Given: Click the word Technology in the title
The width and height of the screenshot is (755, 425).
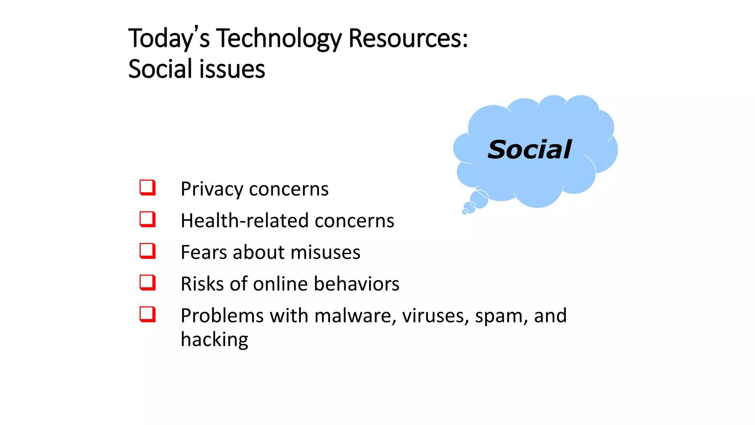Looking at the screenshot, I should (x=279, y=38).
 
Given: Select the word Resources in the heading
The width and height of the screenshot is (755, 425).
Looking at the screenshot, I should (x=408, y=38).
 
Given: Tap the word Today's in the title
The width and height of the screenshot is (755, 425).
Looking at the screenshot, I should (x=169, y=38).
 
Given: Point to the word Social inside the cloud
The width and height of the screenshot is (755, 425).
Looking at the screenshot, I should (x=529, y=150).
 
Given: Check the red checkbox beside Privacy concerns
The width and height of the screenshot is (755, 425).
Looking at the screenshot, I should (x=147, y=187).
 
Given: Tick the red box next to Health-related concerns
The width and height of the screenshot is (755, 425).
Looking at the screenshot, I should (x=147, y=219).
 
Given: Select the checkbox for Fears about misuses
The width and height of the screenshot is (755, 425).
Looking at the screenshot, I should (x=147, y=251).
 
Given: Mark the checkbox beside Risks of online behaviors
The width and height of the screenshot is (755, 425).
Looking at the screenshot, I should (x=147, y=283).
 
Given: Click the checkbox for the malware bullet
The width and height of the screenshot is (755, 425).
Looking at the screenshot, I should (x=147, y=314).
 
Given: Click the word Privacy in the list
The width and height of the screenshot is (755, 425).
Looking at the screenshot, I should (x=212, y=189).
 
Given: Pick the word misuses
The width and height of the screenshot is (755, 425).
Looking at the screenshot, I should (x=325, y=252).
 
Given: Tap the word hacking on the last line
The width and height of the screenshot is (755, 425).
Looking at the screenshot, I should (x=215, y=339).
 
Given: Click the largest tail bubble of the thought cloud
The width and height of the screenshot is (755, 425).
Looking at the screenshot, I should (x=479, y=199).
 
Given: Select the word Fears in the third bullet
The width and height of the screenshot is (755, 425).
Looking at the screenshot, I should (x=204, y=252).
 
